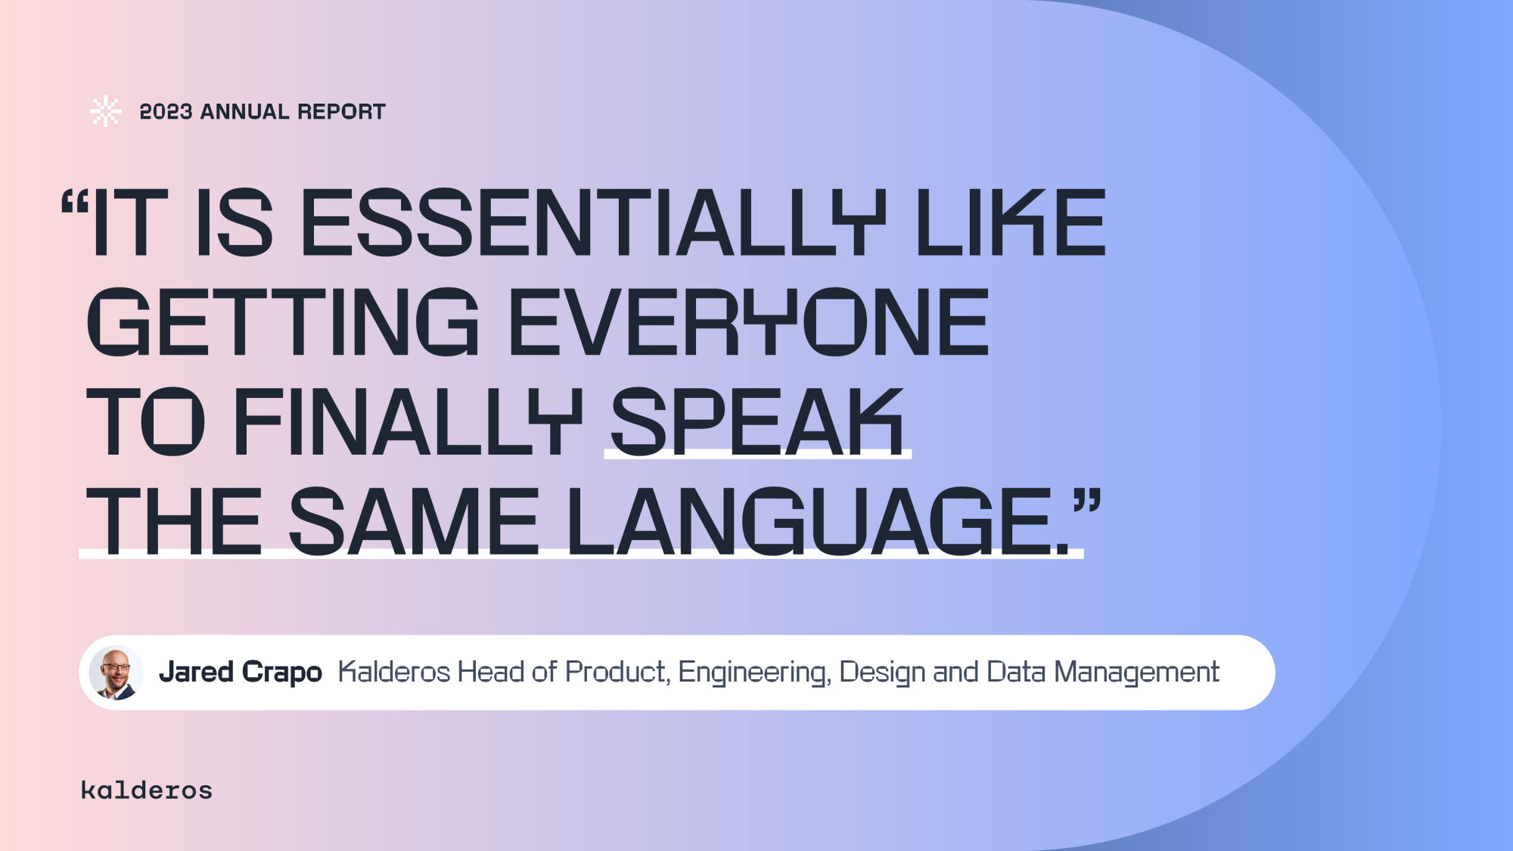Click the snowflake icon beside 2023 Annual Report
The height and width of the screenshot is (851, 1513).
tap(105, 111)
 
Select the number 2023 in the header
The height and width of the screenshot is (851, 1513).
tap(166, 112)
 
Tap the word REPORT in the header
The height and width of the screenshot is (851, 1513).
tap(341, 112)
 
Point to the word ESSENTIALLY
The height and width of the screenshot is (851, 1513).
tap(593, 222)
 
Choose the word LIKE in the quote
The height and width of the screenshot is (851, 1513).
tap(1011, 222)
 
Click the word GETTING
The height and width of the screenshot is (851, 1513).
tap(283, 321)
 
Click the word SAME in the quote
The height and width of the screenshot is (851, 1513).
tap(414, 520)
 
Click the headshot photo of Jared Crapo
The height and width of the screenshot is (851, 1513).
tap(116, 672)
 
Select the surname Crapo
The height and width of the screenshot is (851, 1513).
tap(282, 672)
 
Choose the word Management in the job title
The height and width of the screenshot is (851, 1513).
tap(1136, 672)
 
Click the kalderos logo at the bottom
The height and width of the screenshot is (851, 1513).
tap(147, 790)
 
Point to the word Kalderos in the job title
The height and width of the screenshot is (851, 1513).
tap(394, 672)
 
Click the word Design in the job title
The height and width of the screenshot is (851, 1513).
tap(882, 672)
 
